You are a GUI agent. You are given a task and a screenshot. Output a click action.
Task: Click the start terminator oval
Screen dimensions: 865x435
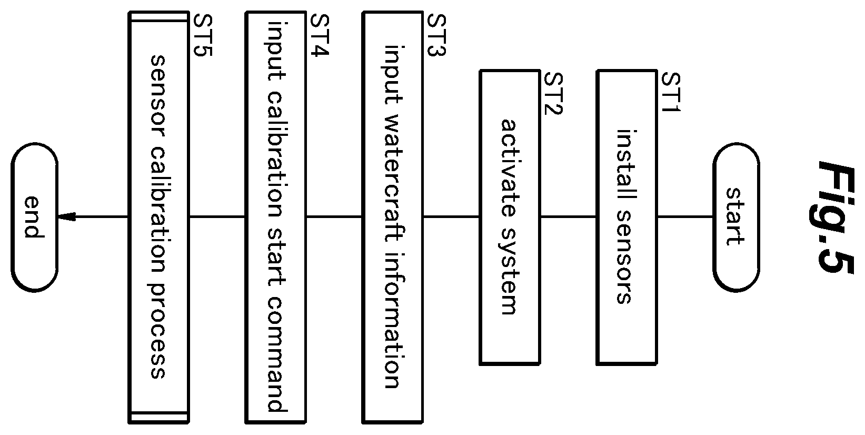coord(736,217)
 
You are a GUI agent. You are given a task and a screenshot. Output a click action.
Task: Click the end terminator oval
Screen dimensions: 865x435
coord(34,217)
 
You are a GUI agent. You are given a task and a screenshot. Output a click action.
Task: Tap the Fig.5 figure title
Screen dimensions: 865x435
coord(836,218)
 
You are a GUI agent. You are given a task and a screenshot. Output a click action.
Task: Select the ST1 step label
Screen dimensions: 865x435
coord(671,92)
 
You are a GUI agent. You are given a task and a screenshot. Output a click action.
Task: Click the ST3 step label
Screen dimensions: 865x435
coord(436,35)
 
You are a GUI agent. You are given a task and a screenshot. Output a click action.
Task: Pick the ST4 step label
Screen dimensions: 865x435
coord(320,35)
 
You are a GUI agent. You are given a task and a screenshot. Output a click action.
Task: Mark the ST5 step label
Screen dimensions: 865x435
coord(202,35)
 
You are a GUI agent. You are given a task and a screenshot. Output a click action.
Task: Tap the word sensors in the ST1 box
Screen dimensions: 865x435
coord(624,257)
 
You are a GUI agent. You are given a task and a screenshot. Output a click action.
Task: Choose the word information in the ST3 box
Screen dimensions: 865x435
coord(394,320)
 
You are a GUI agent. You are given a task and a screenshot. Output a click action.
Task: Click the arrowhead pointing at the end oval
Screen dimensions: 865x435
coord(66,217)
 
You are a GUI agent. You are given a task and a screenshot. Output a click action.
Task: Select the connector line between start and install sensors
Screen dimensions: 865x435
coord(684,217)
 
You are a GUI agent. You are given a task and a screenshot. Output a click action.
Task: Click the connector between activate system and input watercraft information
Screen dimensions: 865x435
coord(451,217)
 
